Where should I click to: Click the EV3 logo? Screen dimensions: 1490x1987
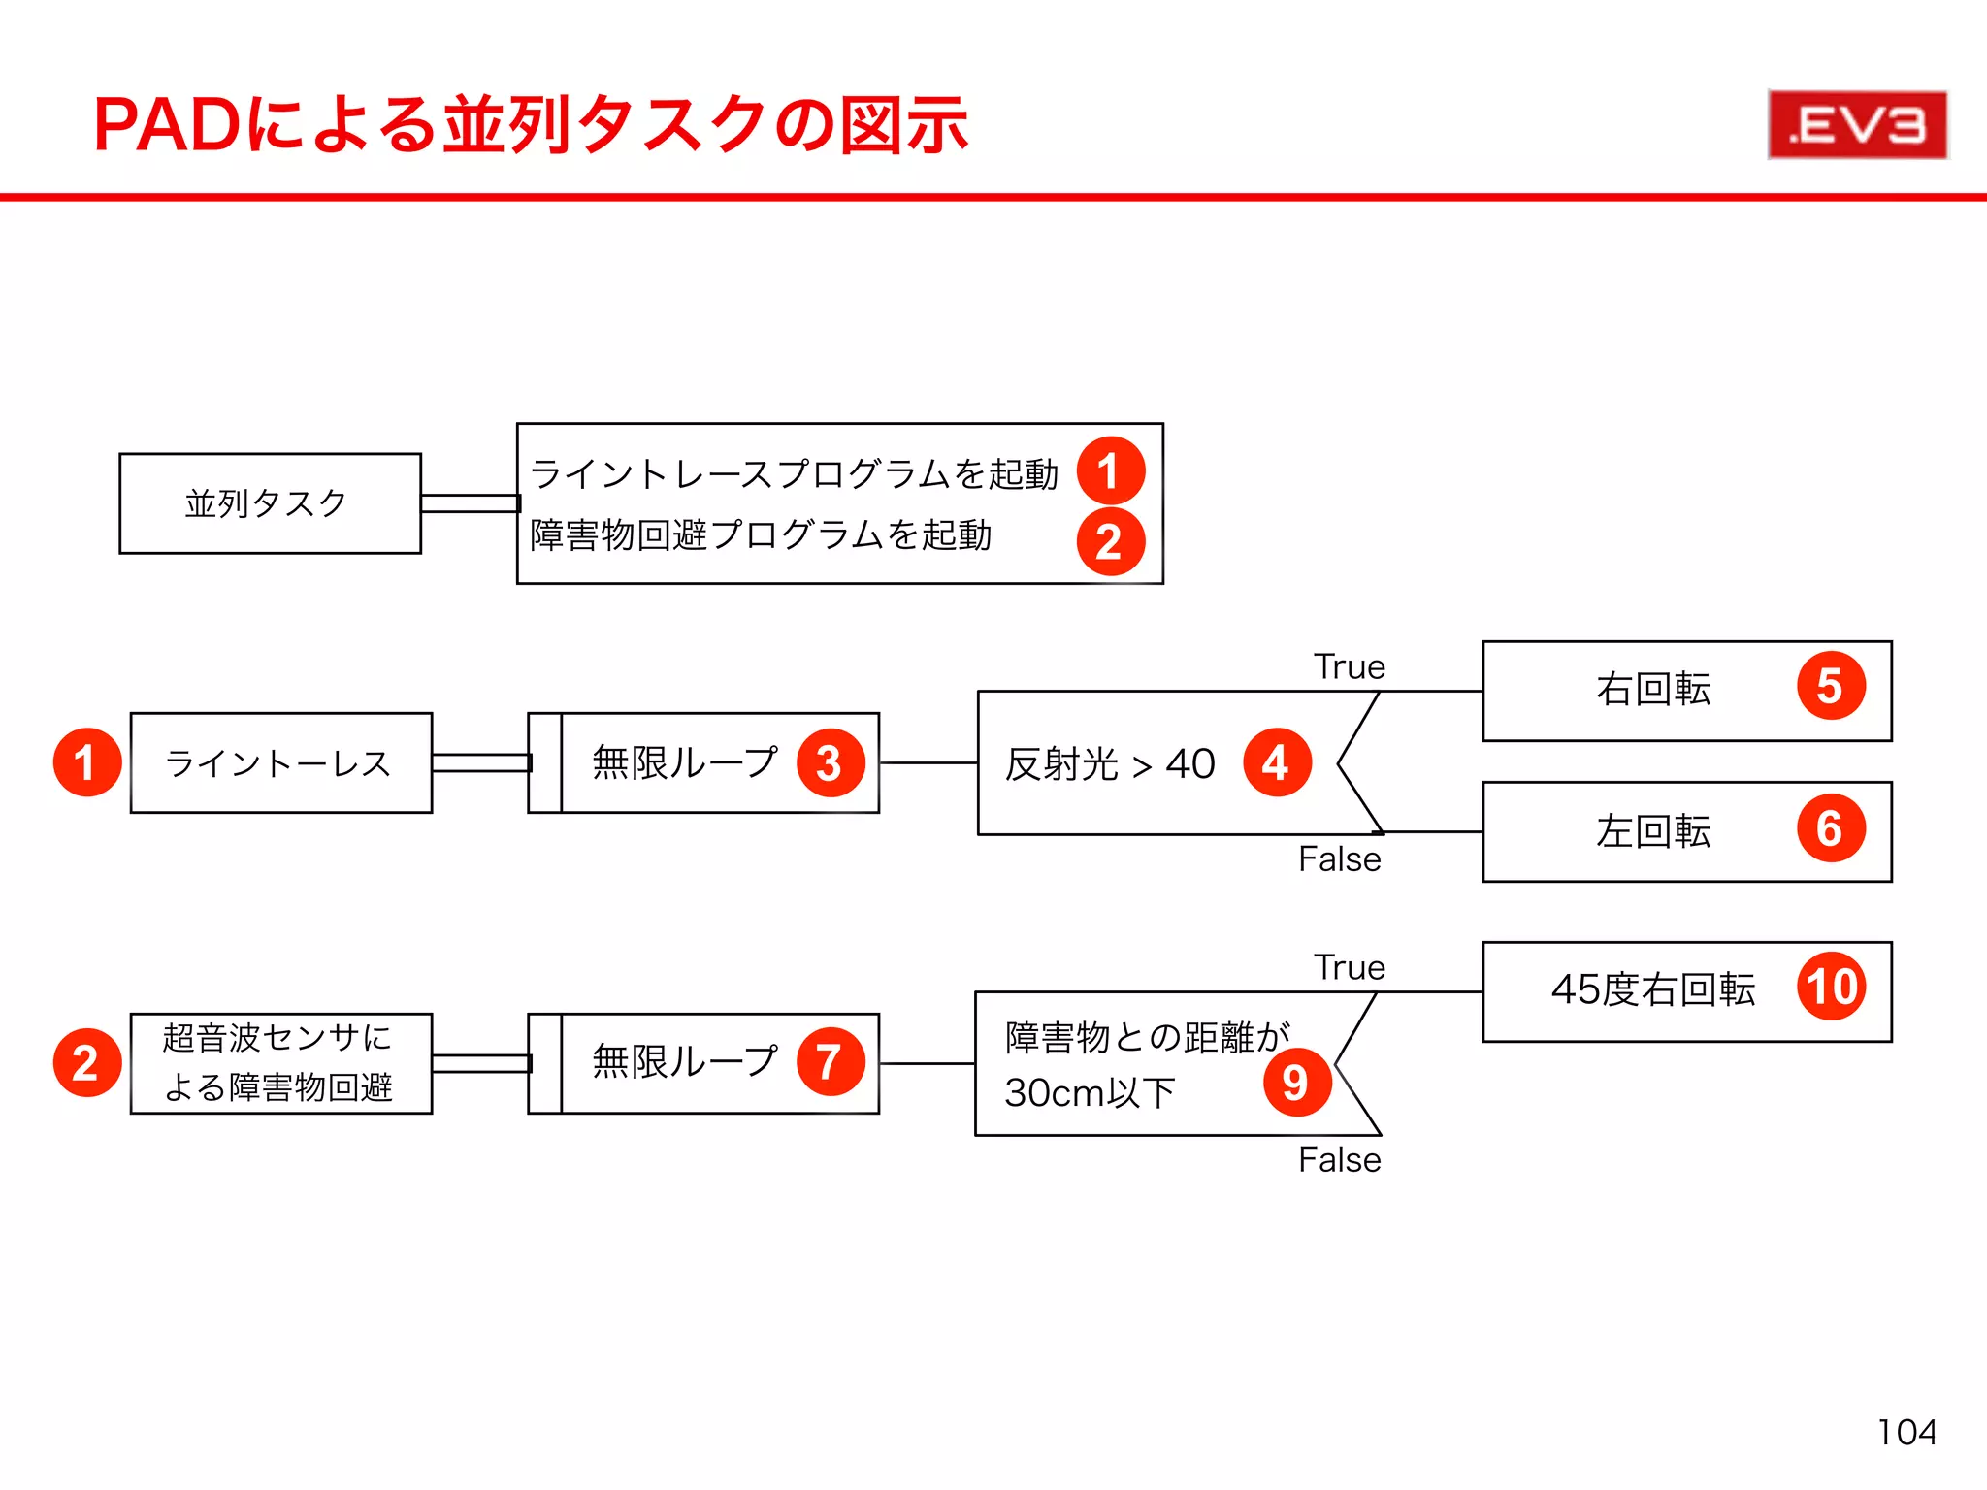tap(1857, 124)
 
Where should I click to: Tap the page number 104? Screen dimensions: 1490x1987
tap(1906, 1432)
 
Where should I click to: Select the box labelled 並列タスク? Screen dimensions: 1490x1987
tap(270, 503)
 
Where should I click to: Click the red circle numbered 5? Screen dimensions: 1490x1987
tap(1831, 686)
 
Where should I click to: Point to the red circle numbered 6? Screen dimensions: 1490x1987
tap(1831, 828)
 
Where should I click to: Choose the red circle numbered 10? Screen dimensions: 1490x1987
tap(1831, 987)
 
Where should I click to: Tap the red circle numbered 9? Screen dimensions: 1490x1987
tap(1296, 1082)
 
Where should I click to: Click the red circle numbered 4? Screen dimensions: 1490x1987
tap(1277, 762)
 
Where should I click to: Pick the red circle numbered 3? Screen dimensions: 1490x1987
tap(830, 762)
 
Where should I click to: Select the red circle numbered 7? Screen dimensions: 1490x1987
tap(830, 1061)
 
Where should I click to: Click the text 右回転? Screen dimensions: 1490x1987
tap(1653, 689)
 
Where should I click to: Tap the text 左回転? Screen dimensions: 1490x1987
tap(1653, 831)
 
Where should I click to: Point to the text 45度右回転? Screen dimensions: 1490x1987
tap(1653, 989)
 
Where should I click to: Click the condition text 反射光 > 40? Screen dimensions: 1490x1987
tap(1110, 764)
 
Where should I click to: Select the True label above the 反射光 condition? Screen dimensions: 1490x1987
tap(1350, 667)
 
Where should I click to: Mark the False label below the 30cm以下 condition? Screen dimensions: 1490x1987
tap(1340, 1160)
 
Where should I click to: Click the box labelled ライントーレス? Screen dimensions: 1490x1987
tap(280, 763)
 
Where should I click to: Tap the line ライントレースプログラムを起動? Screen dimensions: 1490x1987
tap(794, 474)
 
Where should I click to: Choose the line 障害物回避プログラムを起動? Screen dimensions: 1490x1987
tap(761, 535)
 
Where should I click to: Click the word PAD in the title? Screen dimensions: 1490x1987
tap(167, 126)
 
